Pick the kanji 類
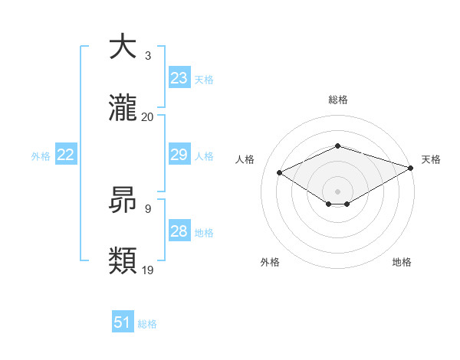point(123,261)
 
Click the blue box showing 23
point(179,78)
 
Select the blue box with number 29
point(179,155)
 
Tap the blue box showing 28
point(179,231)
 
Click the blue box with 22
point(66,155)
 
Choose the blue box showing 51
point(123,322)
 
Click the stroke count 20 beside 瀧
point(148,116)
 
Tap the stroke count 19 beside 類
point(148,270)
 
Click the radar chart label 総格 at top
point(337,100)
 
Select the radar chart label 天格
point(431,159)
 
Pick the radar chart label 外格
point(270,262)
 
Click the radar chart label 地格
point(402,262)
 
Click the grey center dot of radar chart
point(337,191)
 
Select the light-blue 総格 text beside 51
point(147,324)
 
